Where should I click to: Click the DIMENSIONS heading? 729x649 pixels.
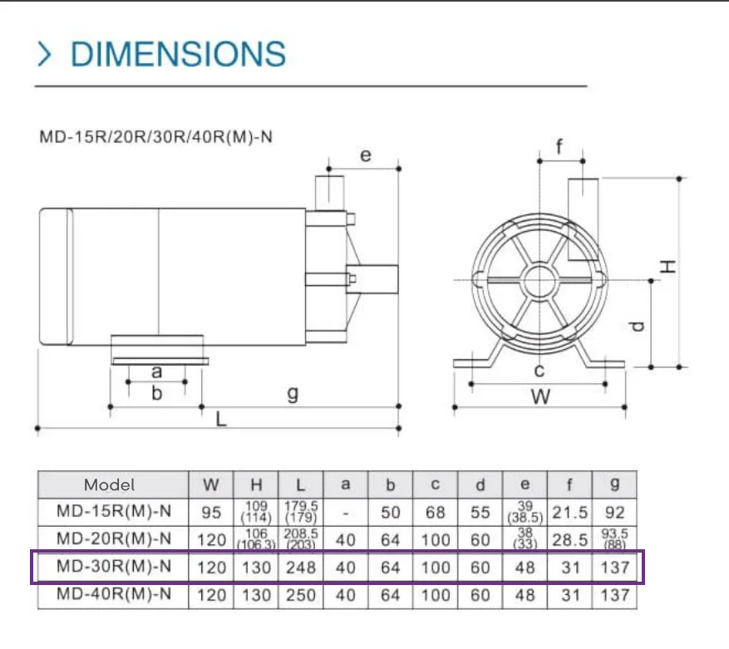coord(178,54)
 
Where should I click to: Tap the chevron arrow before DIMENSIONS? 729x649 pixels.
coord(44,54)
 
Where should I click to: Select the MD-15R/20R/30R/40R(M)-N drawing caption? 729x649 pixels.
coord(155,137)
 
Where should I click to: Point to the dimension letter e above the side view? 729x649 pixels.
coord(366,155)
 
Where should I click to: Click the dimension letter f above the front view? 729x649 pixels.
coord(559,146)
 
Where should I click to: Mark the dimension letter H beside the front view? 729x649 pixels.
coord(668,267)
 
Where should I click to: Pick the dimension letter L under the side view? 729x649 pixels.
coord(221,420)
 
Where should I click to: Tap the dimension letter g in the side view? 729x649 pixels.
coord(293,394)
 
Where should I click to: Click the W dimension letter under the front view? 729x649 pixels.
coord(540,397)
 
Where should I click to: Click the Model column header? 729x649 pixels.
coord(109,485)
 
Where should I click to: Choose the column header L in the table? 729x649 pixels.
coord(300,485)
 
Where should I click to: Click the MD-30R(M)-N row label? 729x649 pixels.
coord(114,566)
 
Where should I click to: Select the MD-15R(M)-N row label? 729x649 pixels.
coord(114,511)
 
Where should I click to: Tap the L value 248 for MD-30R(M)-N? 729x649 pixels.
coord(301,568)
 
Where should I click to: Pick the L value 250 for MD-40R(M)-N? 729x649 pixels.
coord(301,595)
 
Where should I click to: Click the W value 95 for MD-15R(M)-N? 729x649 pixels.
coord(211,513)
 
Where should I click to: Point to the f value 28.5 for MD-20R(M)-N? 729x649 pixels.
coord(570,540)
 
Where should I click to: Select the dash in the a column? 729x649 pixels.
coord(346,514)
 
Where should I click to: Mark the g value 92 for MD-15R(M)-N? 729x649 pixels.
coord(614,513)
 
